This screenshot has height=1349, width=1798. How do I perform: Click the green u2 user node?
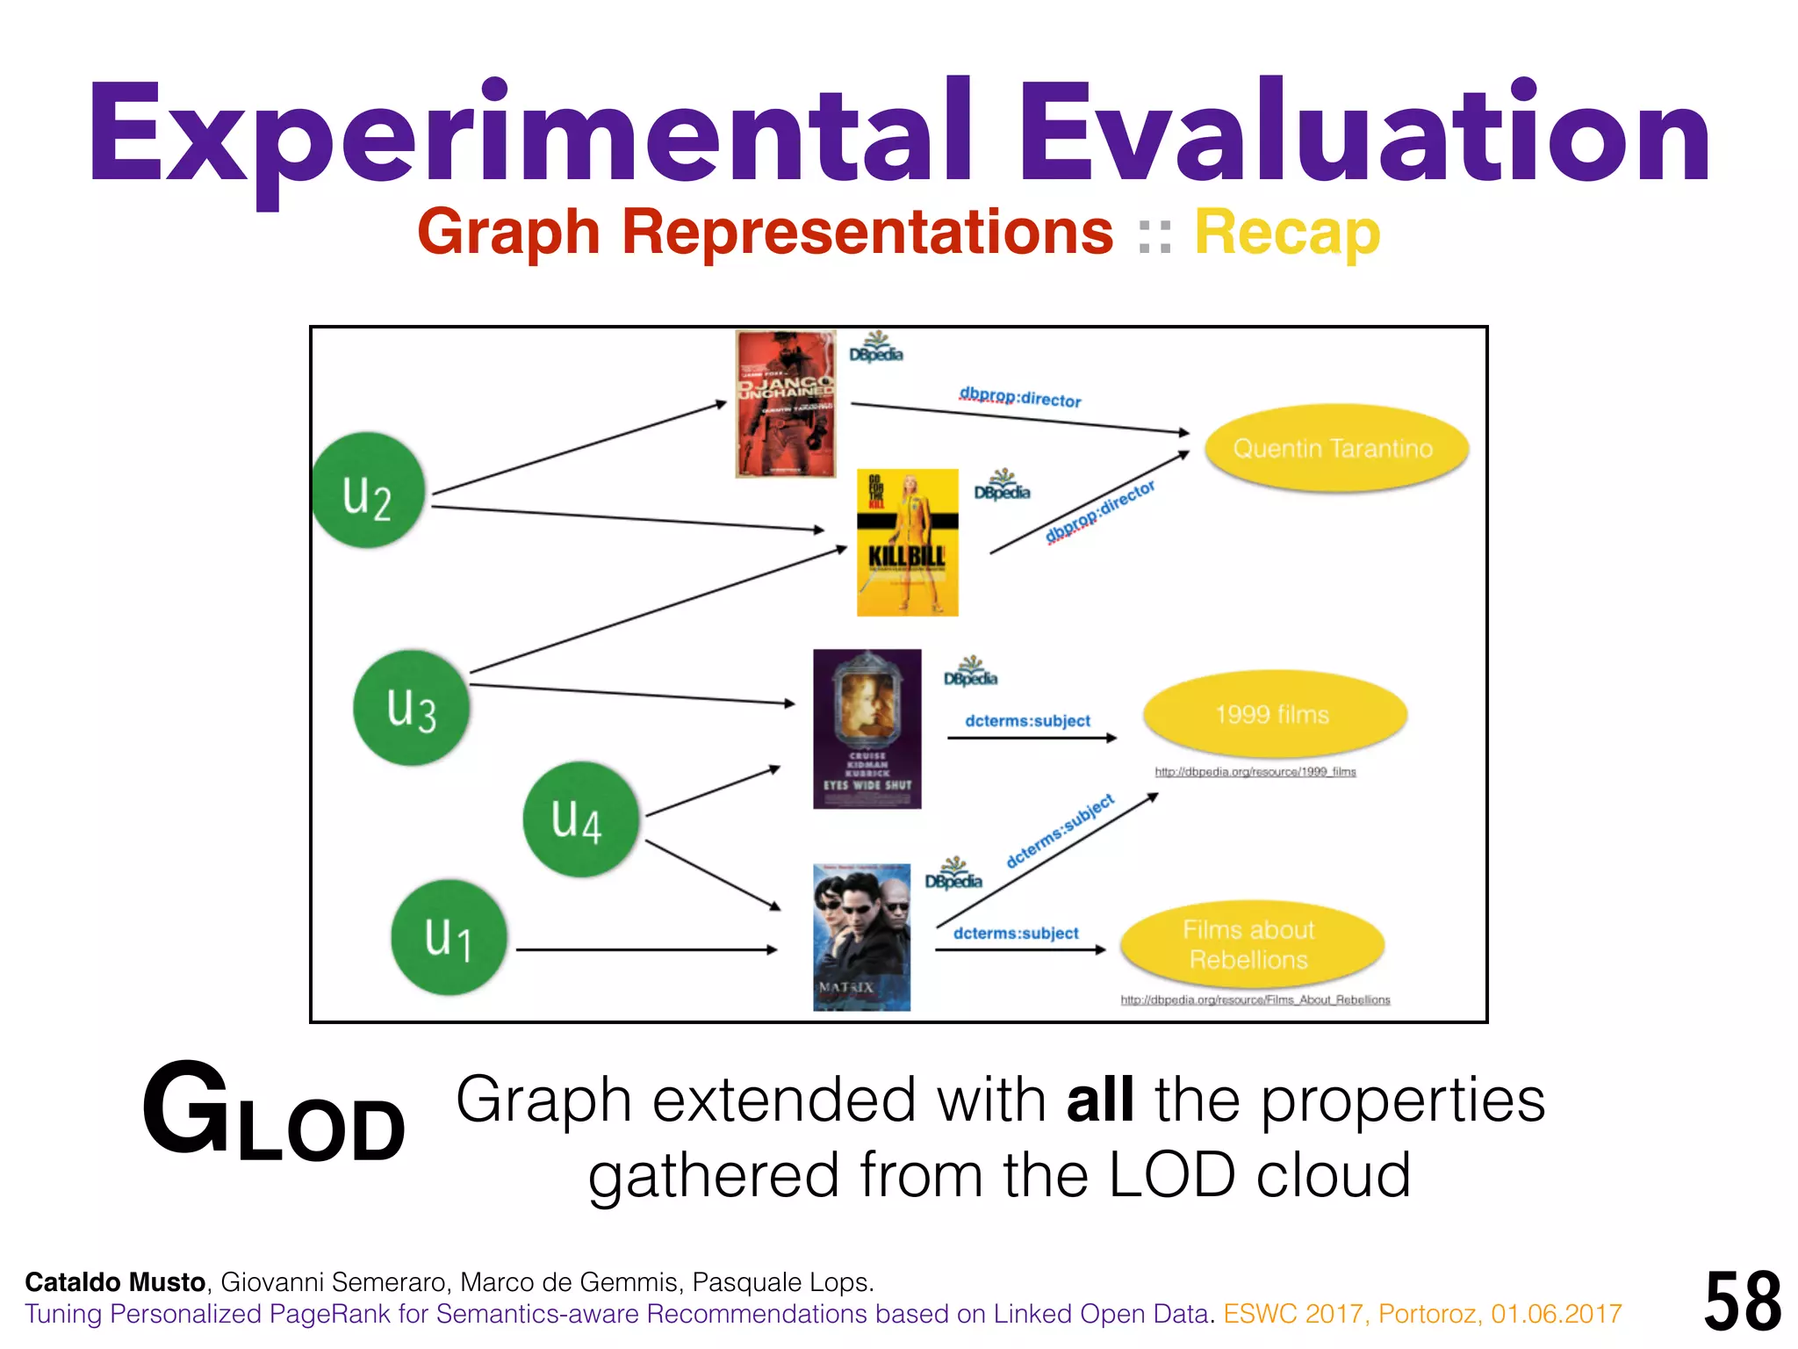368,490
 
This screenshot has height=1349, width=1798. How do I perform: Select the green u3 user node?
411,707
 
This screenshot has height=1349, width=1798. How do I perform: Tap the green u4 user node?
579,819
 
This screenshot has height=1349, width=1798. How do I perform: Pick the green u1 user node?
449,937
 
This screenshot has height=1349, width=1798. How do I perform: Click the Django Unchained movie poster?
785,404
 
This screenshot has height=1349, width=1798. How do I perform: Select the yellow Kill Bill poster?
907,542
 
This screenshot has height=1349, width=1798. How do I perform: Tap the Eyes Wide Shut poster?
867,728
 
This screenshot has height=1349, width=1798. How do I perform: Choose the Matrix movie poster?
861,936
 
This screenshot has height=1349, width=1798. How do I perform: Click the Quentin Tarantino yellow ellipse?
1334,448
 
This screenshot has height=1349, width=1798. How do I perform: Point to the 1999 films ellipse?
1274,714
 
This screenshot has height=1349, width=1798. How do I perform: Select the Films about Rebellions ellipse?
1250,944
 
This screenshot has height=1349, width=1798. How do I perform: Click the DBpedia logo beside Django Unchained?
875,348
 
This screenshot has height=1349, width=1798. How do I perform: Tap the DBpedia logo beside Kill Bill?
1002,486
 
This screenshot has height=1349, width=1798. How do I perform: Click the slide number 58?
1742,1301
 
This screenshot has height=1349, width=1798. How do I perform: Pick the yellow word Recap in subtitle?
1287,233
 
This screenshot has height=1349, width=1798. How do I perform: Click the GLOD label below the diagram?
273,1114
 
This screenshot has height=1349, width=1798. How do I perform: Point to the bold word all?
1099,1100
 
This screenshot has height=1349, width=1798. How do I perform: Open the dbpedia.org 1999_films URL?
1255,772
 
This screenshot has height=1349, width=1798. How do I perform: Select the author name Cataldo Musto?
115,1282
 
